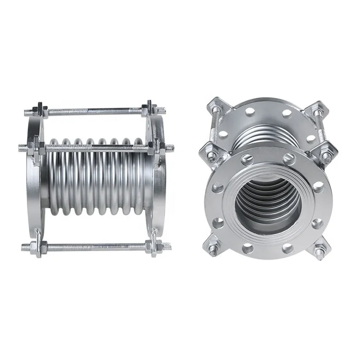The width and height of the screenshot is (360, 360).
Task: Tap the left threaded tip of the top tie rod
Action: click(26, 113)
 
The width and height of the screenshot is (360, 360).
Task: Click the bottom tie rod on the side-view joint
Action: click(96, 247)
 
